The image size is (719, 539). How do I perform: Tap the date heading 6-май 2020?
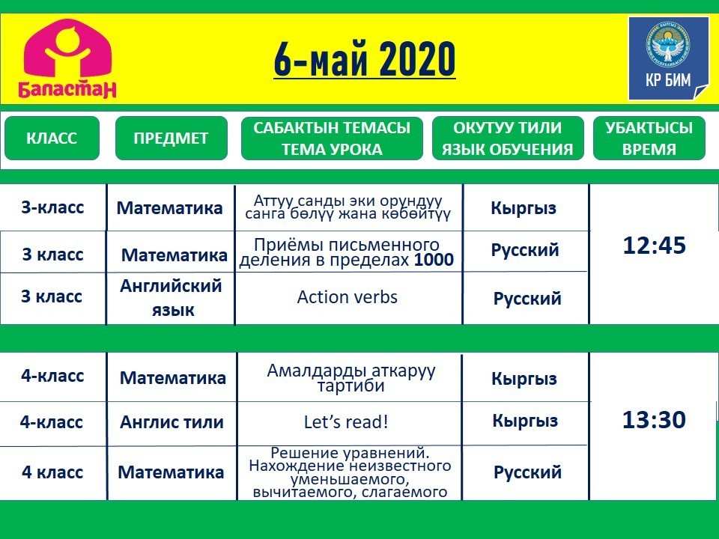[x=365, y=59]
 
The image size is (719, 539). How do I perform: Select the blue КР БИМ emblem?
[x=668, y=58]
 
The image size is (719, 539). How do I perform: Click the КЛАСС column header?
[x=52, y=138]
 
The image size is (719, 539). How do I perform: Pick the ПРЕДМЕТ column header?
[x=171, y=138]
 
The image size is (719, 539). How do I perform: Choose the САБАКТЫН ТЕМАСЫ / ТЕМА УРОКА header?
[x=332, y=138]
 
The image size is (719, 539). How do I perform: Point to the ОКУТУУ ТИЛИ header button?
[x=508, y=138]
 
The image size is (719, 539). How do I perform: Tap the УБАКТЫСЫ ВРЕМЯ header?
[x=649, y=138]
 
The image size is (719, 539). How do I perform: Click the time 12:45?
[x=655, y=246]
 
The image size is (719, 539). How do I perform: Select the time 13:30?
[x=655, y=419]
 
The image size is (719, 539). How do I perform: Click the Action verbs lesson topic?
[x=347, y=297]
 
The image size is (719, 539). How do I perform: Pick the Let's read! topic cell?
[x=346, y=421]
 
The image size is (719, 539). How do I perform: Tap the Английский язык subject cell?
[x=171, y=298]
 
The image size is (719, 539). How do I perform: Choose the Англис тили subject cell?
[x=172, y=422]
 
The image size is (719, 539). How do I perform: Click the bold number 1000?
[x=434, y=260]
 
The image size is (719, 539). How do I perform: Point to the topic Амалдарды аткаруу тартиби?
[x=351, y=377]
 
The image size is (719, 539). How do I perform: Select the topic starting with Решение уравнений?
[x=350, y=472]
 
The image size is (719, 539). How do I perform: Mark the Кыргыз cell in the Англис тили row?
[x=525, y=421]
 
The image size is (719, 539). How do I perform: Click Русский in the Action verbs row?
[x=527, y=299]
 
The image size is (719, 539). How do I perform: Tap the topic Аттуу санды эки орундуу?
[x=348, y=207]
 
